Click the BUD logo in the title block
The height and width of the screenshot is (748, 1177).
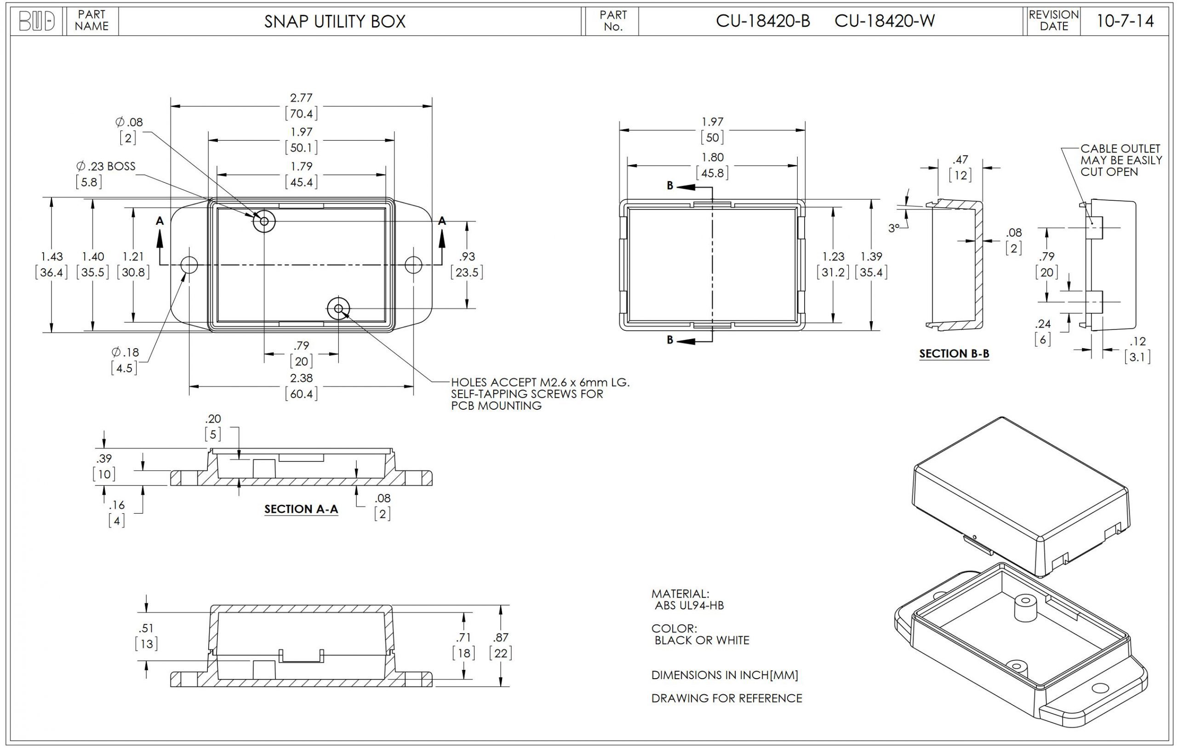tap(37, 22)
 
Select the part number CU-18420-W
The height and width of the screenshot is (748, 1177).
tap(884, 21)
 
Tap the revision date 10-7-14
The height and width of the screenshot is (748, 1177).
tap(1125, 21)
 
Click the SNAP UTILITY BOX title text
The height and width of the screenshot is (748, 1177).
tap(335, 22)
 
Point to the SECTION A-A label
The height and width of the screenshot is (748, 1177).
tap(301, 509)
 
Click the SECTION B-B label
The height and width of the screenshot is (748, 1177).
tap(954, 354)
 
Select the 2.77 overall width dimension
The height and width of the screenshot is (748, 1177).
tap(301, 98)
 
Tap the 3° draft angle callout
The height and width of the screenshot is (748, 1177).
tap(893, 228)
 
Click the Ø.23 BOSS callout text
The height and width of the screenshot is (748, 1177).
tap(106, 166)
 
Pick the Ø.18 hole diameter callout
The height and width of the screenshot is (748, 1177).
tap(125, 352)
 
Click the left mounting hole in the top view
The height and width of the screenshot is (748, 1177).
tap(189, 265)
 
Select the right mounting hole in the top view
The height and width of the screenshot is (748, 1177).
tap(413, 265)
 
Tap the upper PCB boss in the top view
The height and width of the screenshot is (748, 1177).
tap(264, 221)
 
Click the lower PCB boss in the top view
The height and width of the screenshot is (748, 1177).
tap(338, 308)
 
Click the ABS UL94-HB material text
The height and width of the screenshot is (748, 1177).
tap(689, 605)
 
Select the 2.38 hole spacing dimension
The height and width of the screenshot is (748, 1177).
tap(301, 378)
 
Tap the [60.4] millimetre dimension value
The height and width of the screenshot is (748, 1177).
tap(301, 394)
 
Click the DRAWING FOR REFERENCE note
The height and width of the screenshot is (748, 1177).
tap(726, 698)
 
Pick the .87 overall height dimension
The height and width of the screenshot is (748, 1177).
tap(501, 637)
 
